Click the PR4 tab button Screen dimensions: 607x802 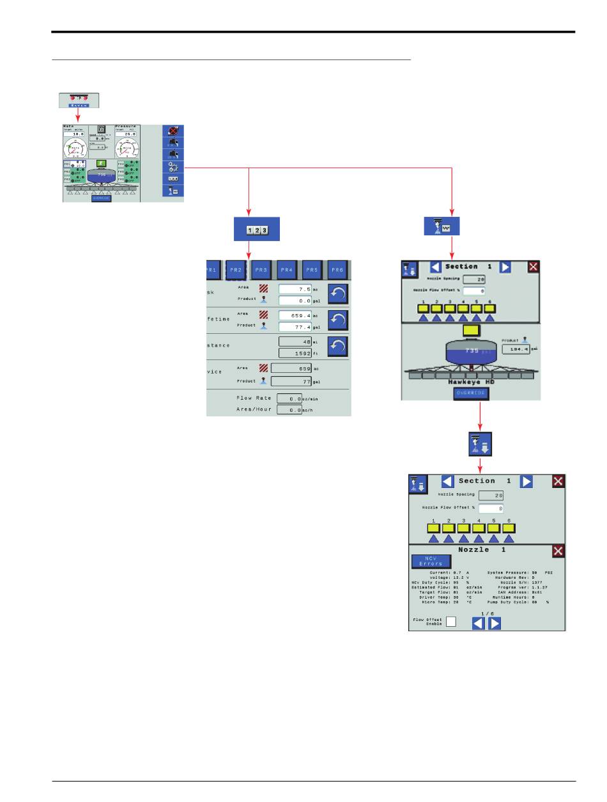click(286, 270)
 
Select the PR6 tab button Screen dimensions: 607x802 click(337, 270)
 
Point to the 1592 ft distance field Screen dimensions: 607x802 click(295, 352)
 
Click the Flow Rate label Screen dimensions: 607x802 click(254, 398)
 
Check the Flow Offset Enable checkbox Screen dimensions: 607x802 click(451, 621)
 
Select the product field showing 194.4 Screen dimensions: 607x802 click(516, 349)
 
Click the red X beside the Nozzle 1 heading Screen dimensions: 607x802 click(558, 551)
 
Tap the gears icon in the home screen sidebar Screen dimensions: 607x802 click(173, 167)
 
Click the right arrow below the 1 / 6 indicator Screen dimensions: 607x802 click(494, 624)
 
